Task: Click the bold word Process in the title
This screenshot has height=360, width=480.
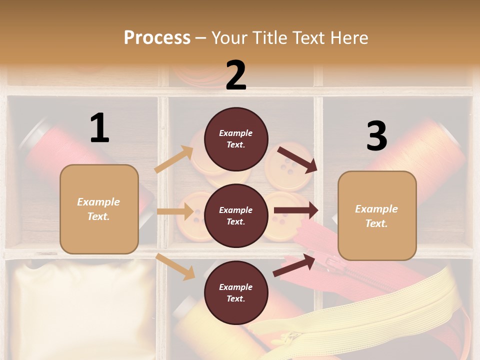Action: point(157,37)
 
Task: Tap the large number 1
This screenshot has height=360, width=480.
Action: point(99,128)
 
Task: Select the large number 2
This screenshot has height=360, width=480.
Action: point(236,75)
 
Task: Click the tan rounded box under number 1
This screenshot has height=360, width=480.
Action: point(99,209)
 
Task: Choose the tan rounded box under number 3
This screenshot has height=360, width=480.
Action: point(377,215)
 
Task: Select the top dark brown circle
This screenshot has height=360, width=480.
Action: point(236,139)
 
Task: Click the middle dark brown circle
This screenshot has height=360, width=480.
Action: point(236,215)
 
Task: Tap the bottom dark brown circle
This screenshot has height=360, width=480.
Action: point(236,292)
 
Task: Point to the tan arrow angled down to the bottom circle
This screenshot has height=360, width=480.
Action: point(175,266)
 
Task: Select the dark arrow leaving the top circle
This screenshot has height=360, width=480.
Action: point(297,159)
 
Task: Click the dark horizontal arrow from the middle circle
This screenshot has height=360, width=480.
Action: point(295,210)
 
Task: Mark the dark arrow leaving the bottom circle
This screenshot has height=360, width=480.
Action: point(294,265)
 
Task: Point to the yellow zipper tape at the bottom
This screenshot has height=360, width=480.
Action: point(350,320)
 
